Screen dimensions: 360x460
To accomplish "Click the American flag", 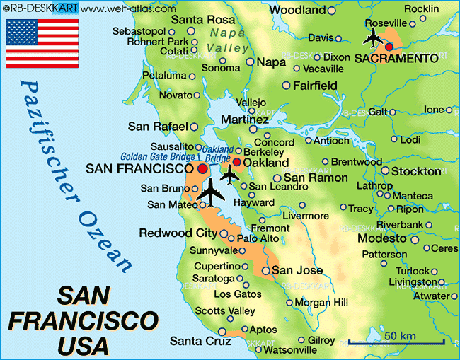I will click(42, 42).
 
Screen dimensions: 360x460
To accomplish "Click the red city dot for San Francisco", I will click(202, 169).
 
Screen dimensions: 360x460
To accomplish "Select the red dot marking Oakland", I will click(236, 162).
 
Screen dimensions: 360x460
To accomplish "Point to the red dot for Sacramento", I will click(389, 47).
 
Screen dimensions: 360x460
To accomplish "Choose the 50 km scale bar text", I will click(401, 333).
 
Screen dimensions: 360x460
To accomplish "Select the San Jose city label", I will click(297, 270).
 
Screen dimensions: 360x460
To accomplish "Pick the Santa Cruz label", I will click(200, 341).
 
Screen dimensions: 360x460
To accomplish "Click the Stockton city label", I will click(416, 171).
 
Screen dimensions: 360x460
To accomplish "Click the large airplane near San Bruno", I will click(211, 192).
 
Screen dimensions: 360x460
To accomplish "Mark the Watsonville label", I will click(289, 349).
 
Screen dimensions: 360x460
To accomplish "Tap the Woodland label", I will click(298, 10).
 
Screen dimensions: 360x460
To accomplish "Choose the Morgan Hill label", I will click(321, 302).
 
